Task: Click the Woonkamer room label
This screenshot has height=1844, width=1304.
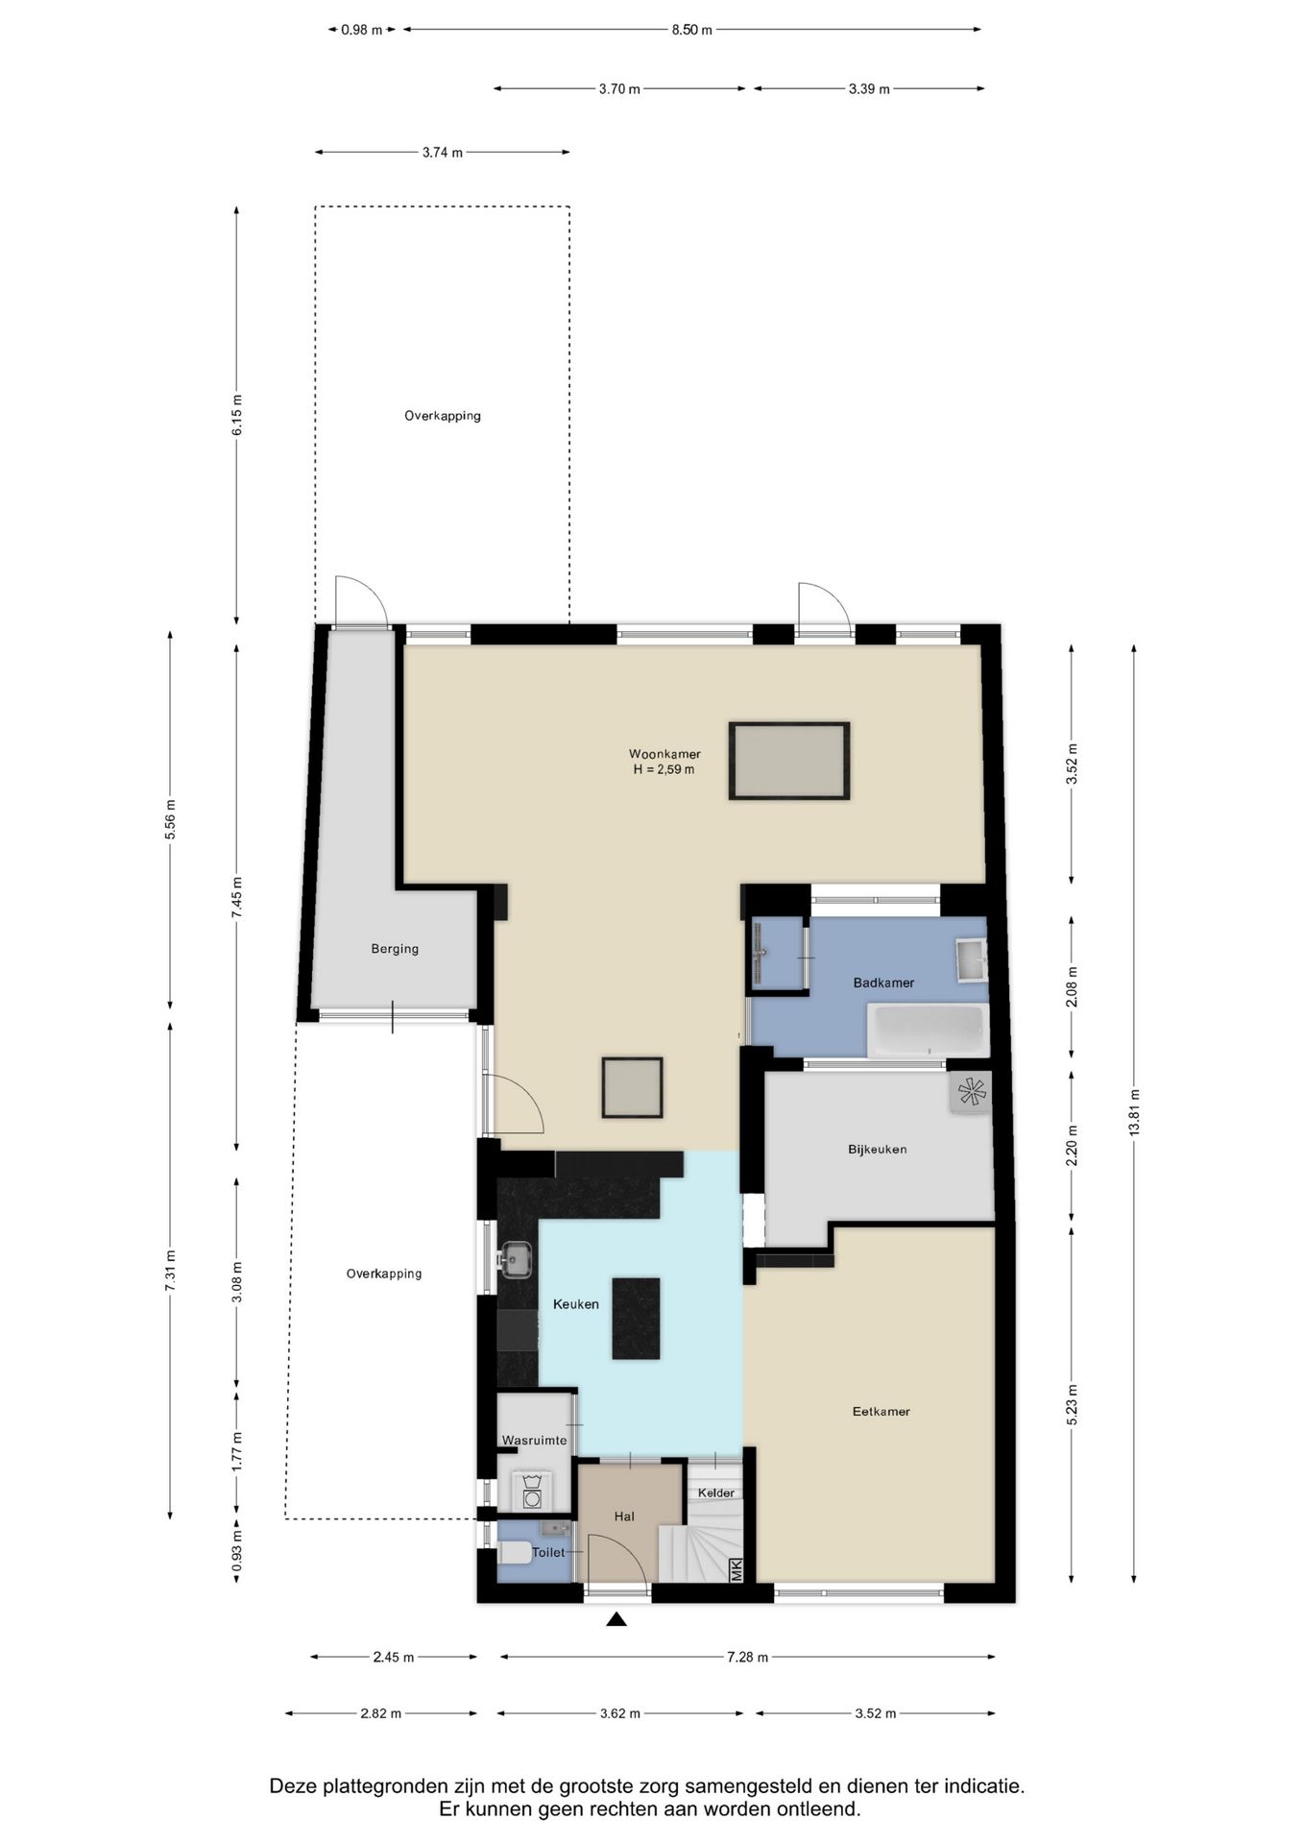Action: pyautogui.click(x=664, y=754)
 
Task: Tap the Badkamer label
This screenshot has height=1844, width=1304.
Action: pyautogui.click(x=883, y=983)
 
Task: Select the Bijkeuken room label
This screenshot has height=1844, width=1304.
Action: pyautogui.click(x=877, y=1149)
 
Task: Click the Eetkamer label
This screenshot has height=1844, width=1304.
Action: pyautogui.click(x=881, y=1411)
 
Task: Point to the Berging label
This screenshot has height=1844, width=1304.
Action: pyautogui.click(x=395, y=949)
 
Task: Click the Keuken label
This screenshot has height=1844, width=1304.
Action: pyautogui.click(x=575, y=1303)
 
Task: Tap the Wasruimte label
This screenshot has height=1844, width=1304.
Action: pyautogui.click(x=534, y=1441)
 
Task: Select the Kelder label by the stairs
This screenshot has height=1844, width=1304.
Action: pyautogui.click(x=716, y=1492)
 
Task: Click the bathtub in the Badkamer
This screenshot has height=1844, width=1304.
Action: pyautogui.click(x=928, y=1031)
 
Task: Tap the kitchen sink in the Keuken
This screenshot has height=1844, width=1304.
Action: pyautogui.click(x=515, y=1259)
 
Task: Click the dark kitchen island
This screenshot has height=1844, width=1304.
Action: pyautogui.click(x=636, y=1318)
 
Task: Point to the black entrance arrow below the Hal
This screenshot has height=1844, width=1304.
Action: pyautogui.click(x=616, y=1619)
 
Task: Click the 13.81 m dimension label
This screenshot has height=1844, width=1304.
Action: pyautogui.click(x=1134, y=1113)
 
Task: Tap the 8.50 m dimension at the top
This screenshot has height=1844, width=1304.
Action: pyautogui.click(x=691, y=30)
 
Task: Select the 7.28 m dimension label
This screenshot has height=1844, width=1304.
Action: pyautogui.click(x=747, y=1657)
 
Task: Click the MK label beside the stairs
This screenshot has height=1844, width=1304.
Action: pyautogui.click(x=737, y=1570)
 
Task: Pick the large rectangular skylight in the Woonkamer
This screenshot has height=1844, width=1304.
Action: pyautogui.click(x=789, y=761)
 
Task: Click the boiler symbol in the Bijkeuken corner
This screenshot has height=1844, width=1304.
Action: pyautogui.click(x=971, y=1092)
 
